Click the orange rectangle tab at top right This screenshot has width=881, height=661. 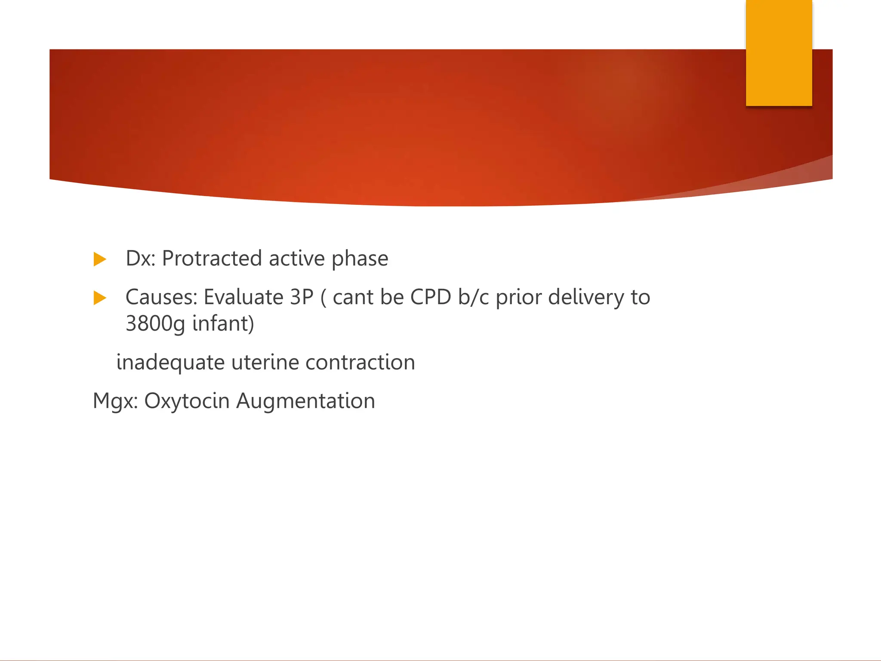coord(779,53)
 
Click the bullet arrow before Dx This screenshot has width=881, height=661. coord(99,259)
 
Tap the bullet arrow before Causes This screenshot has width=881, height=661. coord(99,298)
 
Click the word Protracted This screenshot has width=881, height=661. coord(212,259)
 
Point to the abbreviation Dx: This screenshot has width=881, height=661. coord(140,259)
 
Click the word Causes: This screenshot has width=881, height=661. coord(161,297)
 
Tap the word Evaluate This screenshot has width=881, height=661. coord(243,297)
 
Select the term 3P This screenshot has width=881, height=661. coord(302,297)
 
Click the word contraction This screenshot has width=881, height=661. coord(360,362)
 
